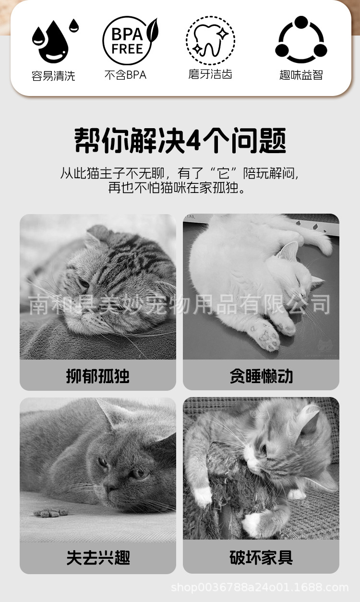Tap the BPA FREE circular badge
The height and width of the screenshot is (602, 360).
(x=128, y=41)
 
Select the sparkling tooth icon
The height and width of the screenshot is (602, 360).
(x=210, y=41)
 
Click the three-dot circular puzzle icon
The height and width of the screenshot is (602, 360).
(x=301, y=40)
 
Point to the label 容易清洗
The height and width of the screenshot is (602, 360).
(x=53, y=76)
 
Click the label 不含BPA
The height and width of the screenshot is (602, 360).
(x=125, y=75)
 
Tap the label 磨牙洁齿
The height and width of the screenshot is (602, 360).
(x=210, y=74)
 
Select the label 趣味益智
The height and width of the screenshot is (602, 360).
(x=301, y=75)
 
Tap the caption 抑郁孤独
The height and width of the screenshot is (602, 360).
(x=98, y=375)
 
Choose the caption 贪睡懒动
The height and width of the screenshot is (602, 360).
(x=261, y=375)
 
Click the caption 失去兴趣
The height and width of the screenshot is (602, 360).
(x=98, y=557)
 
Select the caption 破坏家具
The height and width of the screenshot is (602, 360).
(x=261, y=557)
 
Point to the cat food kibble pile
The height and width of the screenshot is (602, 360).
(x=50, y=512)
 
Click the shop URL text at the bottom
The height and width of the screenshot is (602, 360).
(x=260, y=587)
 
